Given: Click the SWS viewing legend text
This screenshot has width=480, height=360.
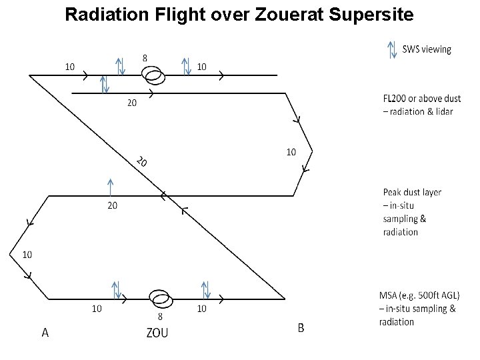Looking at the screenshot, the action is click(427, 49).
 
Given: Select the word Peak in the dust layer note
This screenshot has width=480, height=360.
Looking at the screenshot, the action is click(393, 192).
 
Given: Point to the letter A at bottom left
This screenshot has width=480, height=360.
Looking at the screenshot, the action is click(45, 332).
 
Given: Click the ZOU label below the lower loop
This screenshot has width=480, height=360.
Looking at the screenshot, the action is click(157, 332).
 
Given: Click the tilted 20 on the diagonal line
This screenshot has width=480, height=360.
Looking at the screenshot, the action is click(141, 161).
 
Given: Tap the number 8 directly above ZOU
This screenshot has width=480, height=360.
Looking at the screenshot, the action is click(159, 317).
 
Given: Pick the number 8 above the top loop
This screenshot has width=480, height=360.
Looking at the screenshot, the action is click(145, 58).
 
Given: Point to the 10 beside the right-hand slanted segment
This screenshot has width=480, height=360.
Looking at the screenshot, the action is click(291, 152).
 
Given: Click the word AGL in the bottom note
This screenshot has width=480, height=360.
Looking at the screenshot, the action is click(449, 295).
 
